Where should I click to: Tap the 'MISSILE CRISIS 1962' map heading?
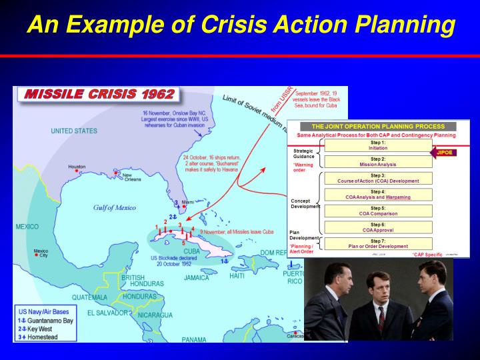99,95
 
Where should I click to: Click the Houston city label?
77,166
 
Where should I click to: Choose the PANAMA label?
194,339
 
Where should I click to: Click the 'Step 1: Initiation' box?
377,145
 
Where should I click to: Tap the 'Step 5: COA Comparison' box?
377,212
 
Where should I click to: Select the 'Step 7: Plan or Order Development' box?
377,243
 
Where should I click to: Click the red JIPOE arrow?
444,152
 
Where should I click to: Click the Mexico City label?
41,253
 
